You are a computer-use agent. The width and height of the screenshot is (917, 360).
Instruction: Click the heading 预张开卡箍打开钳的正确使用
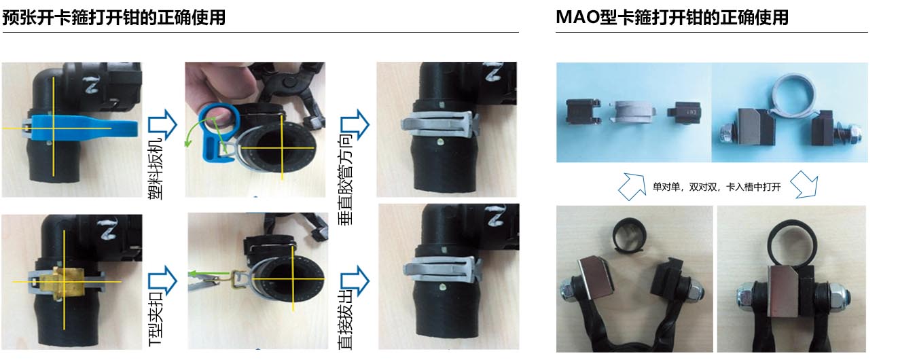pos(114,18)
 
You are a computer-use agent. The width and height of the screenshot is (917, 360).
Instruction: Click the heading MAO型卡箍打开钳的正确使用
pos(672,18)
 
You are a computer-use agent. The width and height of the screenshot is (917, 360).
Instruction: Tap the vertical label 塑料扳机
pos(156,168)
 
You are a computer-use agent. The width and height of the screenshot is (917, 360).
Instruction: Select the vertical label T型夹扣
pos(156,319)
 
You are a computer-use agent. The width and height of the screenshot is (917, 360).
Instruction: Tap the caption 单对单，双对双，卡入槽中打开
pos(717,187)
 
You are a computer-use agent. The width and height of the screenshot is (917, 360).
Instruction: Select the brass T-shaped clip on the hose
pos(68,281)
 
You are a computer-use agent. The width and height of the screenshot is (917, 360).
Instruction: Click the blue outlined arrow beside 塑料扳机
pos(162,124)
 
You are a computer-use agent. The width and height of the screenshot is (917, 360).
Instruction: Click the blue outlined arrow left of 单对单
pos(631,187)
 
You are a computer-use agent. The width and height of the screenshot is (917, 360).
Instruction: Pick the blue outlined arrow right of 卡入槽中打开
pos(804,185)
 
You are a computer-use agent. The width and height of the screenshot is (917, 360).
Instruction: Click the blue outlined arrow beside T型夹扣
pos(162,281)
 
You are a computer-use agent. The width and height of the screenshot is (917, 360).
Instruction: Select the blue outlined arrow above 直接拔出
pos(355,281)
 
